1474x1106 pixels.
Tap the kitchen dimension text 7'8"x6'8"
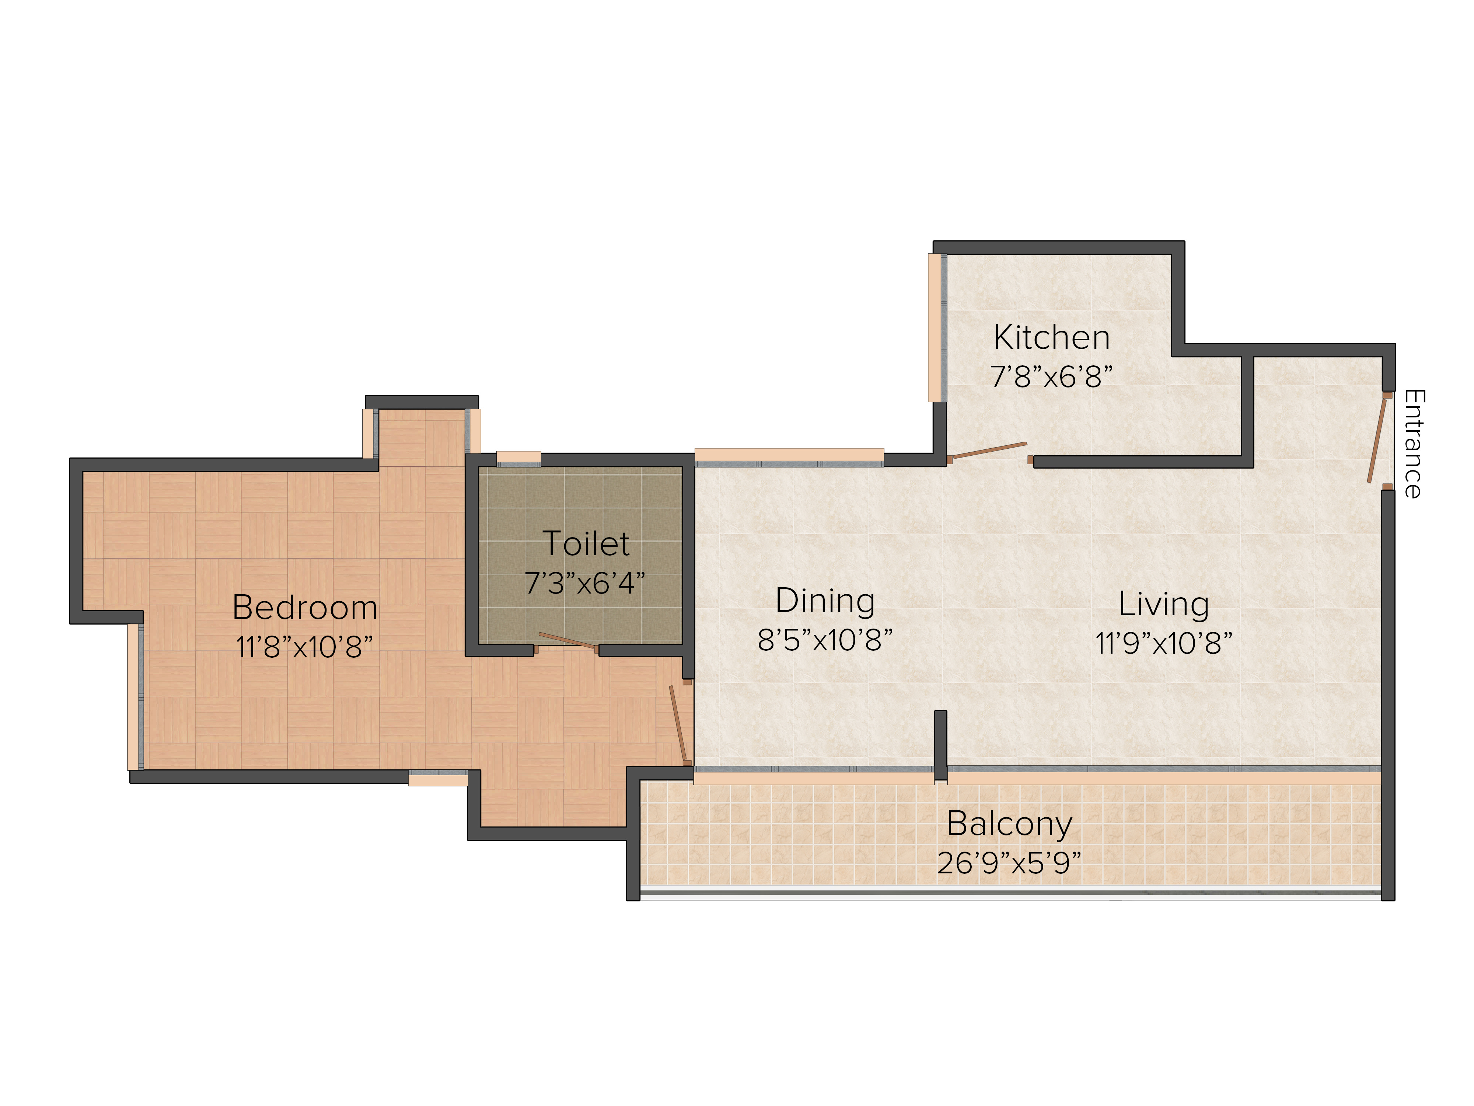click(1052, 377)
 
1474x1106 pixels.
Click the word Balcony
click(1010, 825)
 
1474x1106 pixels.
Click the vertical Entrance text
click(1413, 444)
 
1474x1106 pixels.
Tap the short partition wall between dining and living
click(940, 745)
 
